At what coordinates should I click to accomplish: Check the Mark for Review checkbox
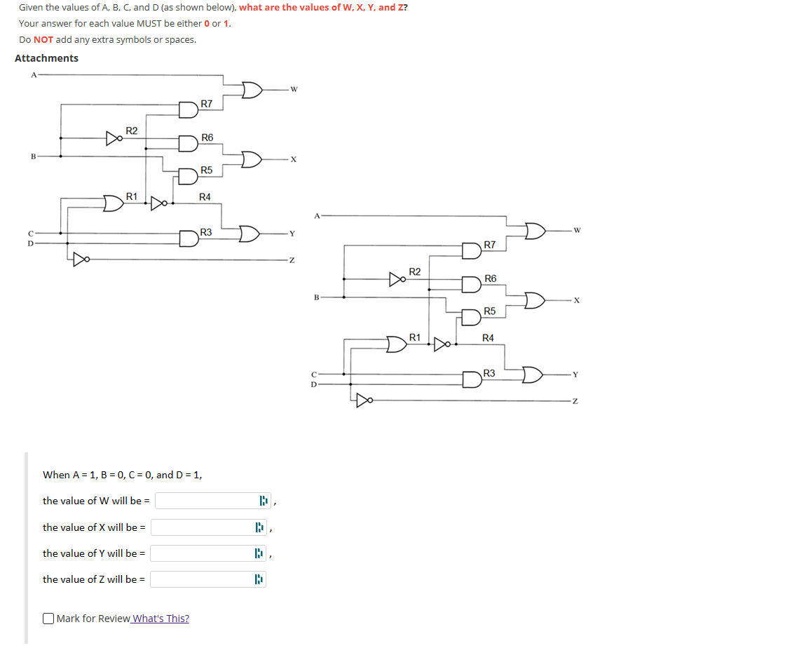(x=48, y=619)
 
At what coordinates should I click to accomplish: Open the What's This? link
(x=161, y=619)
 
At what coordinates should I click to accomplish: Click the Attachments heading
(x=46, y=58)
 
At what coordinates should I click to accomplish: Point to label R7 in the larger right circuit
(x=489, y=245)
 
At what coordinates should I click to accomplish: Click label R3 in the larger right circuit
(x=489, y=374)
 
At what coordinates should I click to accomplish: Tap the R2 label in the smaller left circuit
(x=131, y=130)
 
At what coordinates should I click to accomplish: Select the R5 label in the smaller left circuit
(x=206, y=170)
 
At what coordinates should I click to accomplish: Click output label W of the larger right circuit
(x=576, y=229)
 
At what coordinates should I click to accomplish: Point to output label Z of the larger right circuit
(x=575, y=401)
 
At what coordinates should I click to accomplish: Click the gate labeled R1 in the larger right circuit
(x=397, y=345)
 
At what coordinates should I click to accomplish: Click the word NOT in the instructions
(x=43, y=39)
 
